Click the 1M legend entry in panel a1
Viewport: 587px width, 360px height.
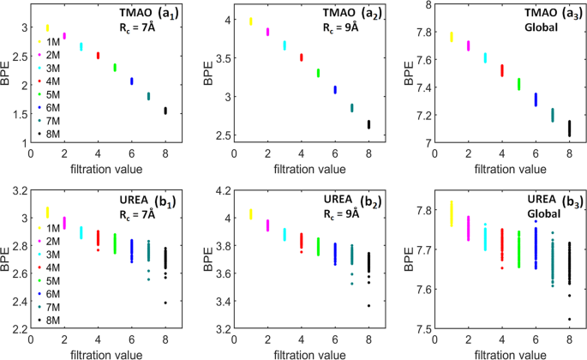click(x=50, y=42)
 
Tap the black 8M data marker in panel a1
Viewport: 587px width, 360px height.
click(x=165, y=111)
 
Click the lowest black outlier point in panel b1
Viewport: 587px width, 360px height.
click(x=165, y=303)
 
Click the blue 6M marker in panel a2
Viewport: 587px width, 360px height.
click(x=335, y=89)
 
